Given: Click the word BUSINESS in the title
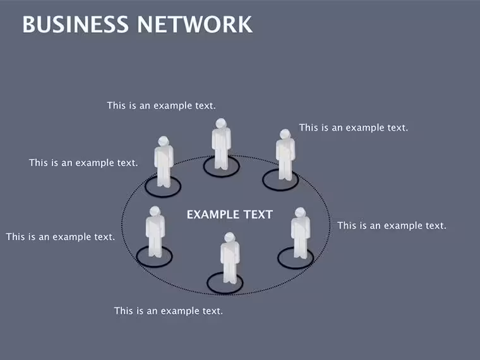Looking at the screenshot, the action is pyautogui.click(x=75, y=25).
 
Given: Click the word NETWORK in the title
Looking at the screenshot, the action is pyautogui.click(x=195, y=25).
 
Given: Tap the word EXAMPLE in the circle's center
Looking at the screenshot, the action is pyautogui.click(x=213, y=215).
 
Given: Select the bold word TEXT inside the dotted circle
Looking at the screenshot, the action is pyautogui.click(x=258, y=215).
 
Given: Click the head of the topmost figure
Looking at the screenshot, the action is pyautogui.click(x=220, y=123).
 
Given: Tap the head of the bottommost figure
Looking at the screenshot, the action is pyautogui.click(x=229, y=237).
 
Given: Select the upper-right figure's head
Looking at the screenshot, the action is pyautogui.click(x=285, y=134).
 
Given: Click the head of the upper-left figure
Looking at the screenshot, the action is pyautogui.click(x=164, y=141).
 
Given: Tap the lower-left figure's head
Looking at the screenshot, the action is pyautogui.click(x=155, y=211).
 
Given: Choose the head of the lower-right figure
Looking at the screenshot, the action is pyautogui.click(x=300, y=213).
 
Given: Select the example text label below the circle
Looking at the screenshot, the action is pyautogui.click(x=169, y=311).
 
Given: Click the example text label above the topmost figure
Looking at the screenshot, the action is pyautogui.click(x=161, y=105).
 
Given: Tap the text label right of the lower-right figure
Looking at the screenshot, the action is pyautogui.click(x=392, y=226).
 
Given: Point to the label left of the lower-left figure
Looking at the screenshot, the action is pyautogui.click(x=61, y=237).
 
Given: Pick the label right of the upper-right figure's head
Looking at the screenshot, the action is pyautogui.click(x=354, y=128).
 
